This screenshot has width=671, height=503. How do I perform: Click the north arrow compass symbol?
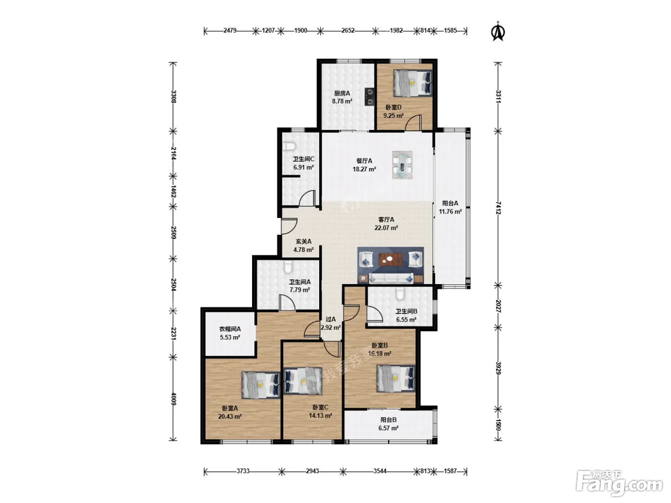[x=497, y=32]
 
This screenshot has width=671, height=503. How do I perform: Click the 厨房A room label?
[x=342, y=93]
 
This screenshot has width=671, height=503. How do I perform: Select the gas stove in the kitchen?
[x=370, y=97]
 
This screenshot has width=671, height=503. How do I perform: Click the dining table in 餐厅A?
[x=402, y=165]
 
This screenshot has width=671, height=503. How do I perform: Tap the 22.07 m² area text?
[x=386, y=228]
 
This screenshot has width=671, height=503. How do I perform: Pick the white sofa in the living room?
[x=391, y=278]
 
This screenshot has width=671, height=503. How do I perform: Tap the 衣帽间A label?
[x=230, y=329]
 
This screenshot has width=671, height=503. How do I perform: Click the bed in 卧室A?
[x=261, y=385]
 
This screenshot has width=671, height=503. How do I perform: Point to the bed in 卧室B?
[x=396, y=378]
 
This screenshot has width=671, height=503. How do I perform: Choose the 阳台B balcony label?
[x=388, y=420]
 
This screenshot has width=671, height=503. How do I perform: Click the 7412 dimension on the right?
[x=498, y=208]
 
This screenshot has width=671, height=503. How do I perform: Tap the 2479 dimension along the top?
[x=230, y=31]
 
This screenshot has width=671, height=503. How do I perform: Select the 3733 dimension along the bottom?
[x=243, y=471]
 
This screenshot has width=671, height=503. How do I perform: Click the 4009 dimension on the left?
[x=174, y=399]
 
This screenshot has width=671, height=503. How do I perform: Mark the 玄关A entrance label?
[x=303, y=241]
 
